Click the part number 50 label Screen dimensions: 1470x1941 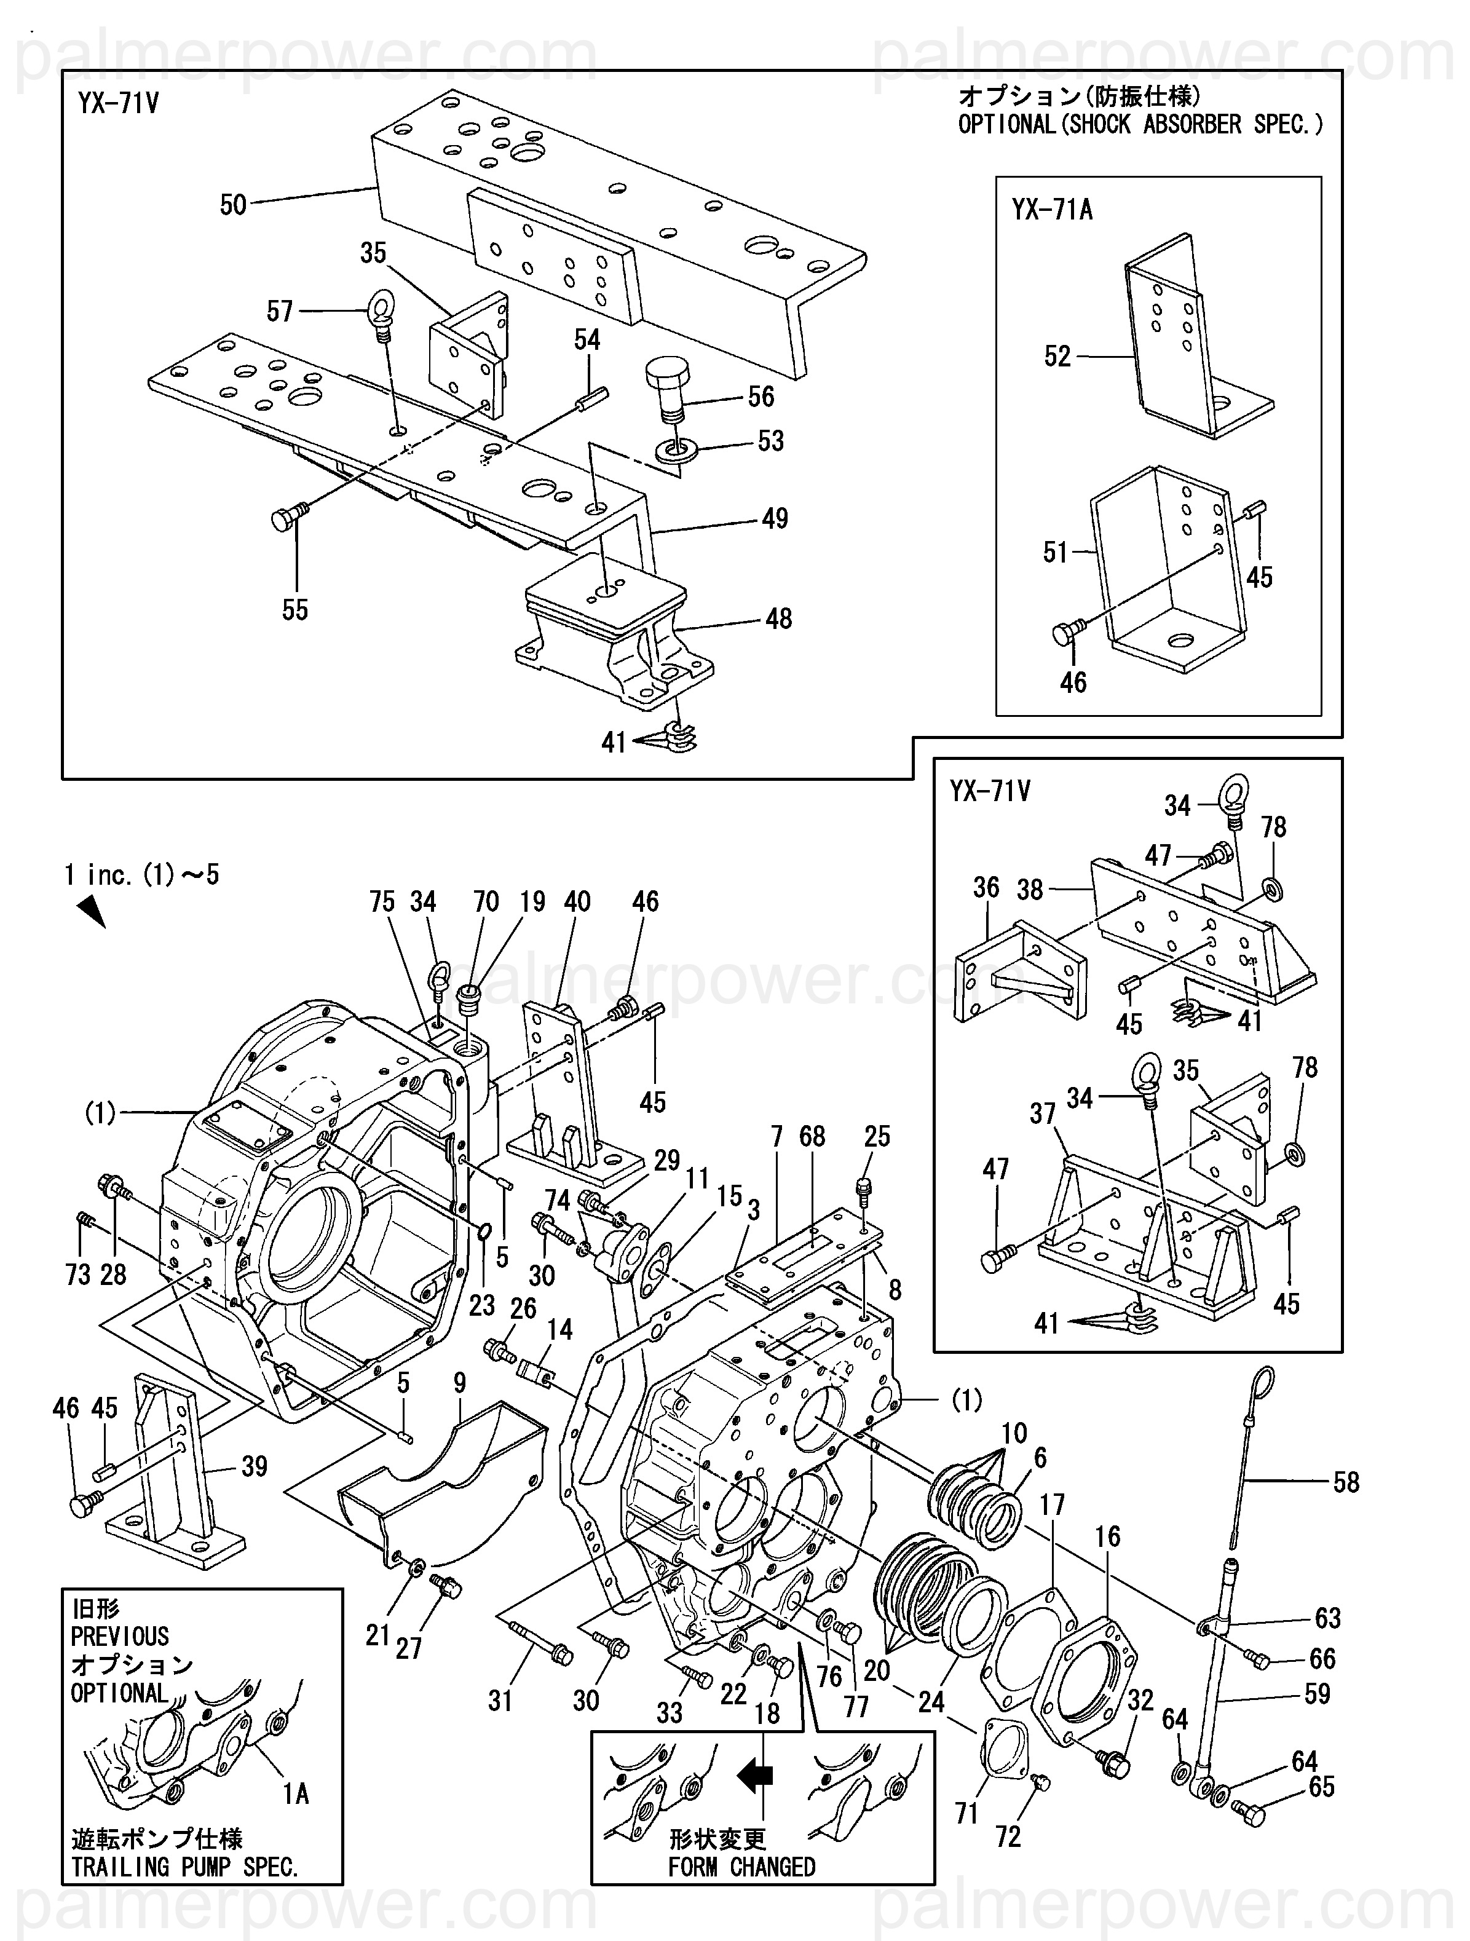coord(232,205)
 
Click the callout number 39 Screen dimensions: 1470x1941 coord(255,1466)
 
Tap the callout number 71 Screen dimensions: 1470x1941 coord(966,1813)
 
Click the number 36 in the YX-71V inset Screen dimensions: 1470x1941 coord(986,887)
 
